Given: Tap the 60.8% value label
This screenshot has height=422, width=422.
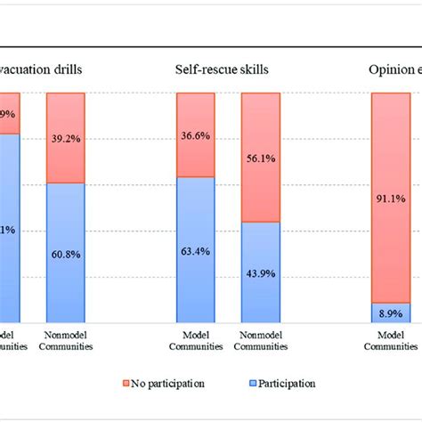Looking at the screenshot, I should click(x=67, y=255).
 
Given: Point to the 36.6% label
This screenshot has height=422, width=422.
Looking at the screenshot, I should click(x=196, y=136).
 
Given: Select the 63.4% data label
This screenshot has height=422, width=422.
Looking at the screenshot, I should click(x=196, y=251).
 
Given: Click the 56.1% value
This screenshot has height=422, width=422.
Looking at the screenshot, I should click(x=260, y=158).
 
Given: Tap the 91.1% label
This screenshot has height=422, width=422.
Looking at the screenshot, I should click(x=391, y=199).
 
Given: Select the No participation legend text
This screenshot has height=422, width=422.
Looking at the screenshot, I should click(x=168, y=383).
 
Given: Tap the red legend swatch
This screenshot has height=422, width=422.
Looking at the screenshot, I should click(x=125, y=384).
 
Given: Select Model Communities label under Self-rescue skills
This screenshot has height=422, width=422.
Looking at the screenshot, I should click(x=196, y=341).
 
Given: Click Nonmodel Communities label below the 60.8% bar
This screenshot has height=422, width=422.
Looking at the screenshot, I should click(x=67, y=341).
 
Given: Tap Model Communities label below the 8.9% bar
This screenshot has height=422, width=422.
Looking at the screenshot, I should click(x=391, y=341).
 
